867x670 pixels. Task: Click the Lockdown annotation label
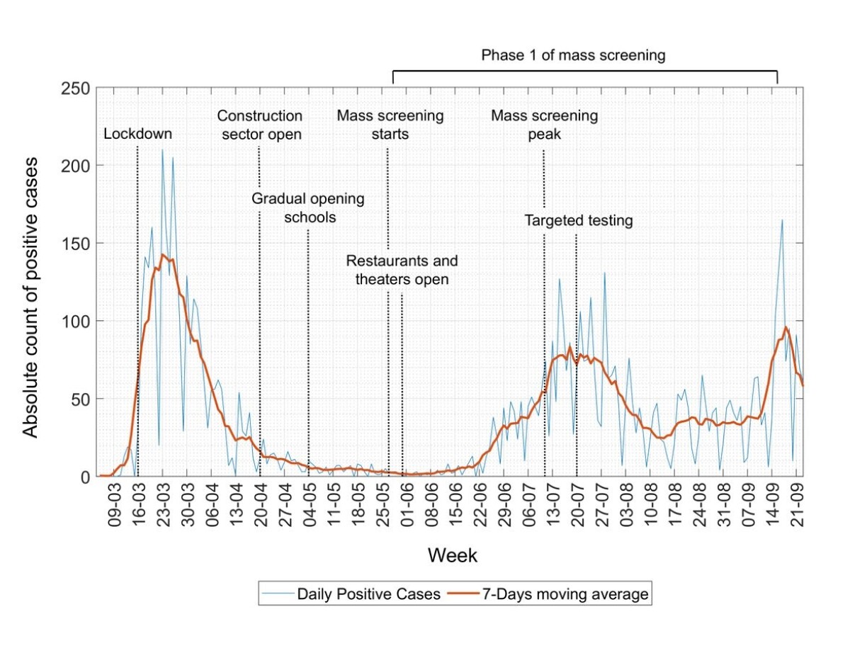point(138,135)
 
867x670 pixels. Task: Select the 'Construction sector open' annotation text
point(259,125)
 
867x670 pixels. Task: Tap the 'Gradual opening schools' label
point(308,208)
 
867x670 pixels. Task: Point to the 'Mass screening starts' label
point(390,125)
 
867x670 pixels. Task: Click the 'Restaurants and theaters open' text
point(402,270)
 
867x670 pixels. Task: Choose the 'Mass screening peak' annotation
point(544,125)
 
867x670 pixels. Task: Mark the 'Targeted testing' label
point(578,221)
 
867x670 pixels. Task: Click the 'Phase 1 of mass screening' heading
point(573,55)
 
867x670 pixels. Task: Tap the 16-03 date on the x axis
point(140,504)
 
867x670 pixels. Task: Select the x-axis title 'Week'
point(452,556)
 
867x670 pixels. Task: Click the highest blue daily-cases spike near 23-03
point(162,149)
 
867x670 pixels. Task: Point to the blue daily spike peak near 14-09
point(782,220)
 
